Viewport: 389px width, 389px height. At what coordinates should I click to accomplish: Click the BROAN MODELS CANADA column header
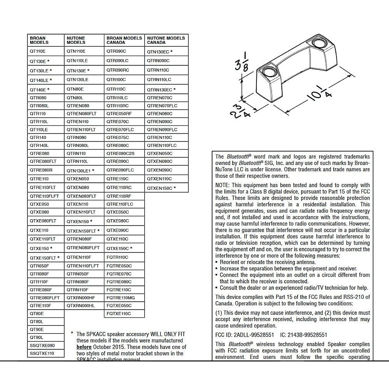tap(124, 40)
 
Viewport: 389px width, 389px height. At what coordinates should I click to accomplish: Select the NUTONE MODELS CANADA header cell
tap(166, 40)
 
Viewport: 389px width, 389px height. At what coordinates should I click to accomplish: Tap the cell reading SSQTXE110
tap(42, 353)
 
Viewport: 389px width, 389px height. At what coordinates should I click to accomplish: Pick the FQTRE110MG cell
tap(121, 298)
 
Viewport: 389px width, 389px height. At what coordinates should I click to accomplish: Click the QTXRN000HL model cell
tap(81, 306)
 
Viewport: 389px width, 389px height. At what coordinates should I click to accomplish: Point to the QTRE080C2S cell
tap(120, 153)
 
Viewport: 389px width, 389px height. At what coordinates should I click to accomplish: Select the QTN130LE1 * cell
tap(80, 171)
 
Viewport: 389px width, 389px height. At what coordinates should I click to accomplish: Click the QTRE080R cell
tap(41, 170)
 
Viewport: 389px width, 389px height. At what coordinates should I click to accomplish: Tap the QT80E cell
tap(37, 313)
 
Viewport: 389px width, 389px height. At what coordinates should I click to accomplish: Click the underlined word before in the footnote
tap(84, 347)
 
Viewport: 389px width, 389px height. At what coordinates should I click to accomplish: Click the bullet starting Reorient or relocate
tap(268, 262)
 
